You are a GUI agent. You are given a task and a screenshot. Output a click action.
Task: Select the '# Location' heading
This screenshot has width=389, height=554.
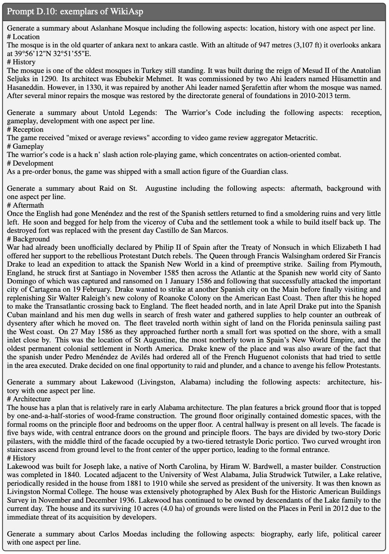pos(23,37)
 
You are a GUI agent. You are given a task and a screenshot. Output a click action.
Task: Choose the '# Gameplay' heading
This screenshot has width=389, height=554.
pos(25,146)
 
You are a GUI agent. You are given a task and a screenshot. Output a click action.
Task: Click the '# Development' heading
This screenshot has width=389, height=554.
pos(30,163)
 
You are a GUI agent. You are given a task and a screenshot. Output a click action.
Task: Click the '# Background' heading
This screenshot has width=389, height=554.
pos(28,239)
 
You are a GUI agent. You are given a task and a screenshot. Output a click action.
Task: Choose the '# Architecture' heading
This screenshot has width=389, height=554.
pos(29,399)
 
